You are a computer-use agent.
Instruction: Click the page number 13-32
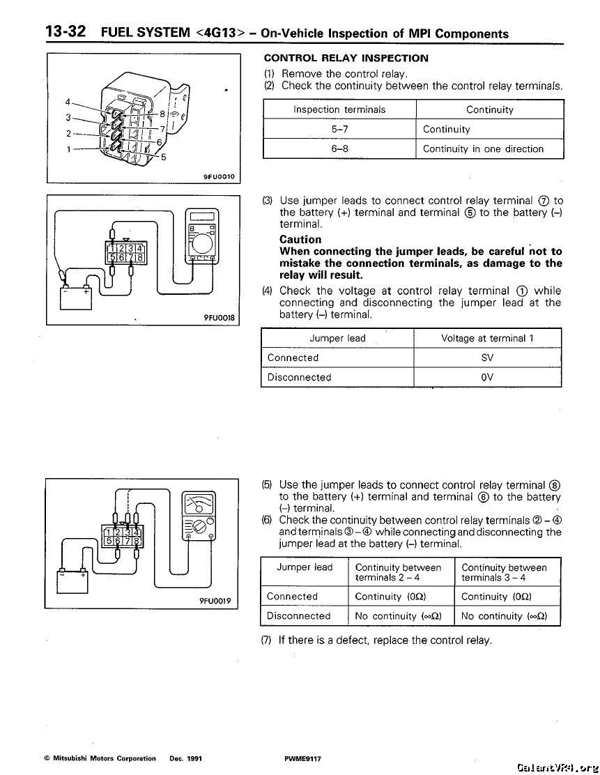click(x=66, y=31)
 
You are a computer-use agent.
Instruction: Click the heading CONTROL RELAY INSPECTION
click(x=346, y=58)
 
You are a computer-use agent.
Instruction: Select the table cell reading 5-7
click(x=339, y=129)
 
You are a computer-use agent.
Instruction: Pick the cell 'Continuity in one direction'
click(x=483, y=148)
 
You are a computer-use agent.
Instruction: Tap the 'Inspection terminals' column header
click(x=339, y=109)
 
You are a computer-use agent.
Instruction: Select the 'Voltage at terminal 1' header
click(x=487, y=338)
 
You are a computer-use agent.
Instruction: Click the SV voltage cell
click(x=487, y=358)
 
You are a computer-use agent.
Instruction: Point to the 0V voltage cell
click(x=487, y=377)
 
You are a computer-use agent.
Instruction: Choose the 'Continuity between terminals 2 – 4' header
click(x=398, y=572)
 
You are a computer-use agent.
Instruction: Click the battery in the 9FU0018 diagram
click(x=77, y=297)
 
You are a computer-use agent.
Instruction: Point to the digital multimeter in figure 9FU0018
click(x=201, y=236)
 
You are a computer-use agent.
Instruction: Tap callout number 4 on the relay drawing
click(x=68, y=100)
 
